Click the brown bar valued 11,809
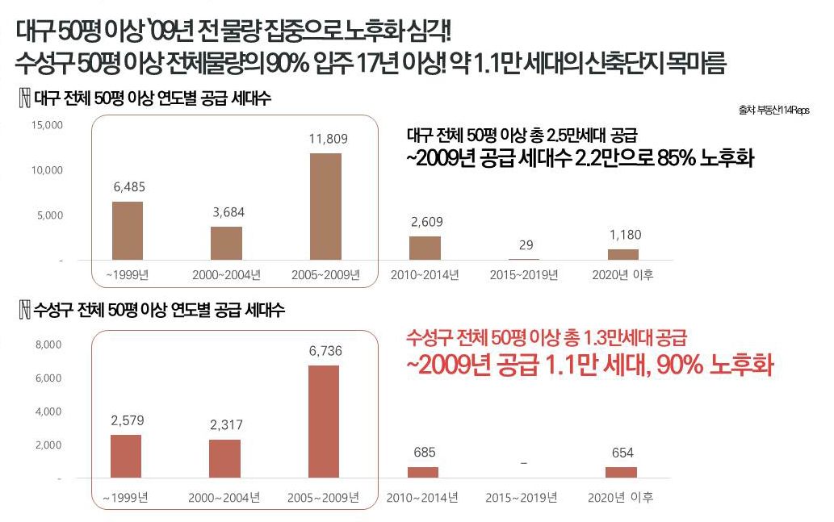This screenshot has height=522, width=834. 325,207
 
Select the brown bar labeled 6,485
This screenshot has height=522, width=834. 127,231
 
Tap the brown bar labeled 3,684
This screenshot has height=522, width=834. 226,243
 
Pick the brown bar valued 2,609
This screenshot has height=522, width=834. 425,248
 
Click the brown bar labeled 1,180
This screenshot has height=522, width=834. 622,254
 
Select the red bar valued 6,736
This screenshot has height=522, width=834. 324,422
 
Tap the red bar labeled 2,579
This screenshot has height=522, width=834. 125,457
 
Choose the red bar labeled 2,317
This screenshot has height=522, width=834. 224,459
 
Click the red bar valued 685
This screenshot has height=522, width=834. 423,473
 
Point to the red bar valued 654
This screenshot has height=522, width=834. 622,473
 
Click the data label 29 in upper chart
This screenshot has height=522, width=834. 526,245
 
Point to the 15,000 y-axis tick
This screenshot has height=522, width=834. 47,126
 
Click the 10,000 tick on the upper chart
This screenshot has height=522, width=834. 47,171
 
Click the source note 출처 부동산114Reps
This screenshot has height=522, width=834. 773,110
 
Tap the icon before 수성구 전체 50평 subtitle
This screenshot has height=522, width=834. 24,310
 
